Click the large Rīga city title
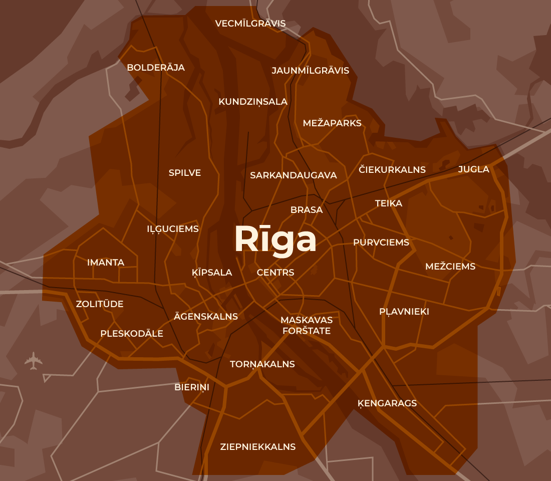275,240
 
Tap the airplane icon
33,361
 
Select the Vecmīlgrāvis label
250,24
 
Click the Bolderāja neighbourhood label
156,68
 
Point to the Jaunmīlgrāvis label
310,71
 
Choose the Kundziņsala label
253,102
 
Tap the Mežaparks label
332,123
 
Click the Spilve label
185,173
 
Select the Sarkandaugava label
293,175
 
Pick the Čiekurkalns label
392,170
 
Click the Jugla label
473,169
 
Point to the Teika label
389,203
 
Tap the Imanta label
106,263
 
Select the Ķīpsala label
212,273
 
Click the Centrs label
275,273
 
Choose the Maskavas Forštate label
307,325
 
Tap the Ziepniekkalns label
258,447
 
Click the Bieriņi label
192,387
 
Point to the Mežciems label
450,267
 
